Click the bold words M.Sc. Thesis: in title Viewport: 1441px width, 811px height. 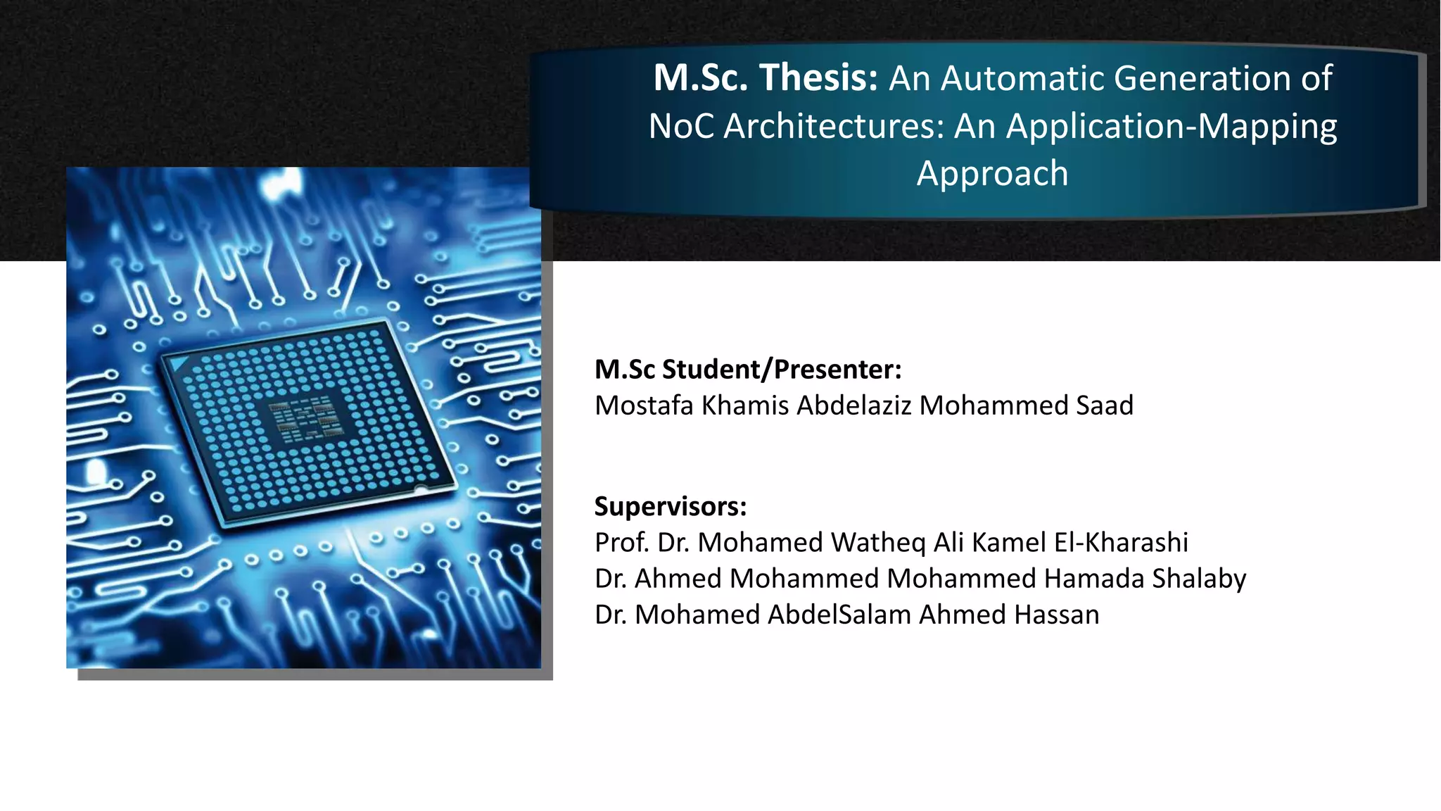[x=766, y=78]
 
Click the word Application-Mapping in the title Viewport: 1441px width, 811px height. [x=1172, y=127]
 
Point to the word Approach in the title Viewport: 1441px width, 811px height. [x=992, y=174]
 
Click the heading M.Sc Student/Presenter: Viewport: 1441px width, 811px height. [x=747, y=370]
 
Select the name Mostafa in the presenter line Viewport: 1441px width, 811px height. [x=644, y=405]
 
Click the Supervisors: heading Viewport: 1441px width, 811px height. [x=670, y=507]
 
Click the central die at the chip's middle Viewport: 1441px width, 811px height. [x=307, y=421]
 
